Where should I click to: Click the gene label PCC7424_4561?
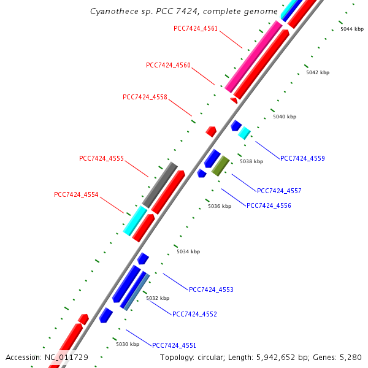pos(196,28)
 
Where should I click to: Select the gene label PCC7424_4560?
pos(168,65)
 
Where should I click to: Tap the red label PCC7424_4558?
pos(145,97)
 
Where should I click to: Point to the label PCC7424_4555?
pos(101,158)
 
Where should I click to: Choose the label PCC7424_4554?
pos(76,194)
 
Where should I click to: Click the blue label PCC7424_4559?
pos(302,158)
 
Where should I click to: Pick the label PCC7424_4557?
pos(279,191)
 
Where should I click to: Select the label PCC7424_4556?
pos(269,205)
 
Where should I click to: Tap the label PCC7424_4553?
pos(211,289)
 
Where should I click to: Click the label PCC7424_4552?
pos(194,314)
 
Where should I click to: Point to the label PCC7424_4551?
pos(174,345)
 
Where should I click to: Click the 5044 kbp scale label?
pos(352,29)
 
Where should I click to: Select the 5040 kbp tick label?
pos(285,117)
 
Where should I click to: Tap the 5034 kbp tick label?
pos(188,251)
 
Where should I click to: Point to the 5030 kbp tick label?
pos(128,344)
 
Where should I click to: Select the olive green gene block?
pos(221,166)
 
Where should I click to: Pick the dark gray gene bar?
pos(159,185)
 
